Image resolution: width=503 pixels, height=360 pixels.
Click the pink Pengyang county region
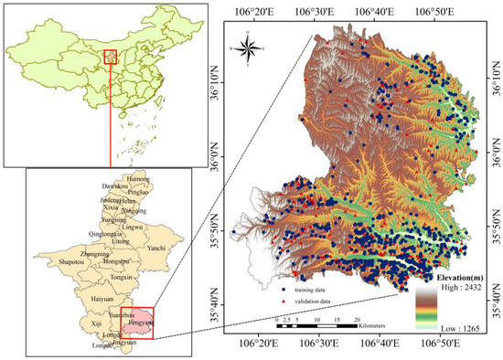pos(136,322)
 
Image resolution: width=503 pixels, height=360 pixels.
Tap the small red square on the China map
pos(110,58)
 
